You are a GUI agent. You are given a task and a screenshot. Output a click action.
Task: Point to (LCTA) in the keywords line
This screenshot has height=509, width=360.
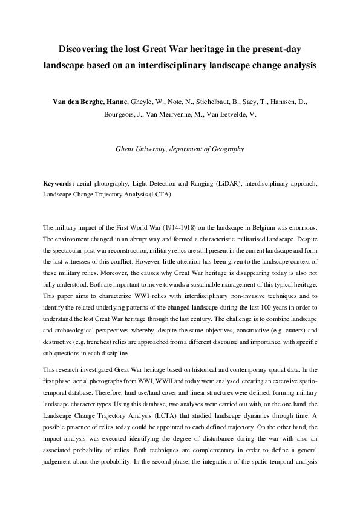click(159, 195)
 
